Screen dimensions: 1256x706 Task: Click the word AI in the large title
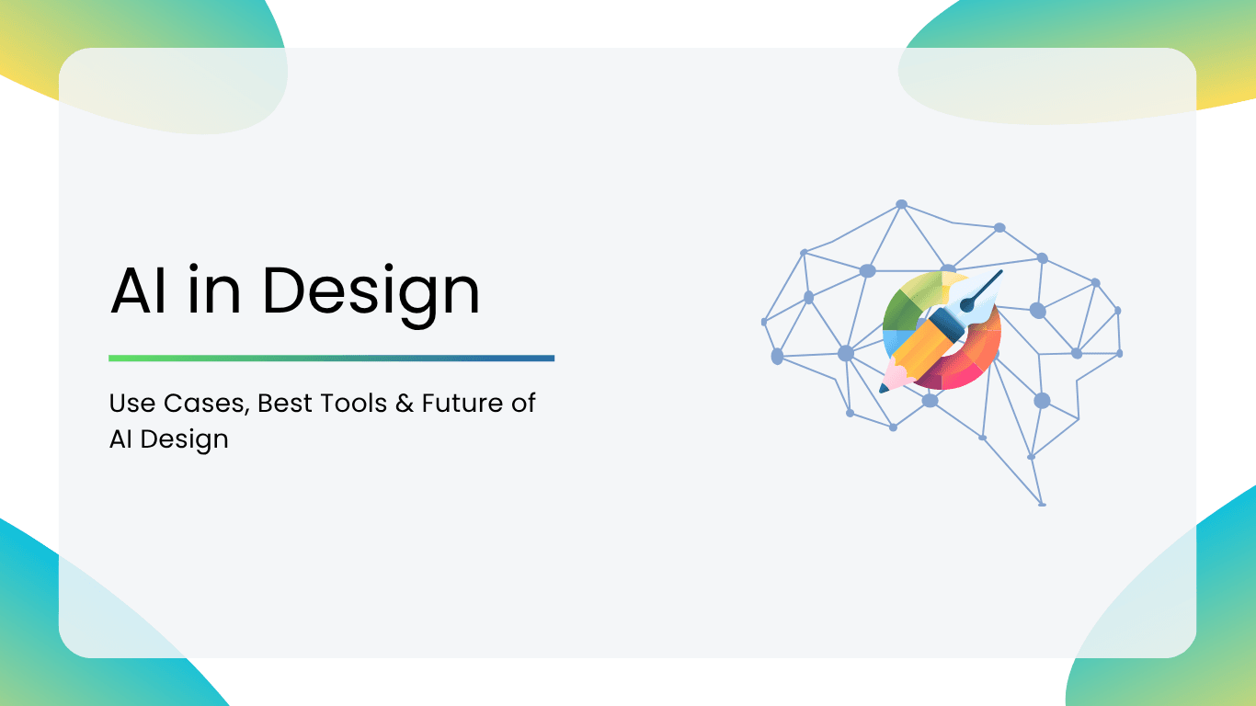[x=139, y=290]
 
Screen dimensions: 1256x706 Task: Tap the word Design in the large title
[x=371, y=294]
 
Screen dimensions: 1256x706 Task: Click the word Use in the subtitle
[x=132, y=404]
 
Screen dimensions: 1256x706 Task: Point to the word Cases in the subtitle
[x=206, y=404]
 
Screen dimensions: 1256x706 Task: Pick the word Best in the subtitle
[x=284, y=404]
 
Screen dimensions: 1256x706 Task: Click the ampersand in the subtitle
[x=405, y=404]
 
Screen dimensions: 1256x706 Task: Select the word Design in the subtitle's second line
[x=185, y=440]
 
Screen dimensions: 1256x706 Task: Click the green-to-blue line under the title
[x=331, y=359]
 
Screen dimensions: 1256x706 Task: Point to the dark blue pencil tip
[x=884, y=390]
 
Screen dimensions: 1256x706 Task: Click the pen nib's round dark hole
[x=967, y=305]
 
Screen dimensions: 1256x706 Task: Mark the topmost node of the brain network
[x=902, y=204]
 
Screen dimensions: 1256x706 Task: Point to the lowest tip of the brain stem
[x=1042, y=505]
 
